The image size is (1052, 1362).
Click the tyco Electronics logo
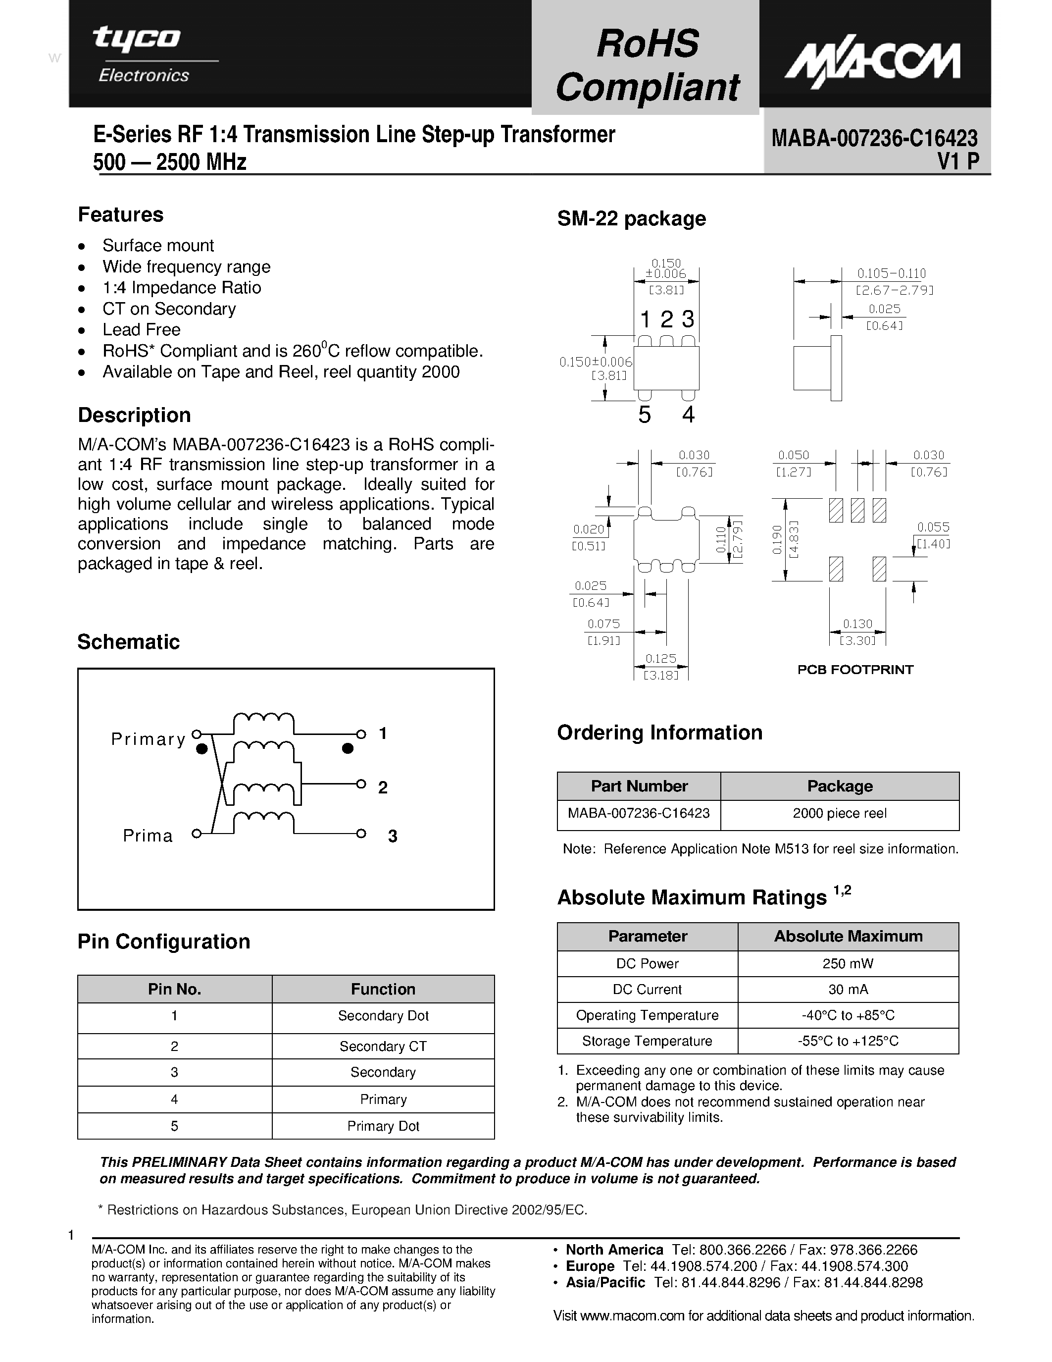pyautogui.click(x=144, y=55)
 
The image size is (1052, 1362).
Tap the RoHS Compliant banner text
pyautogui.click(x=647, y=65)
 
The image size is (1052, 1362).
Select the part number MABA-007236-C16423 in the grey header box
pyautogui.click(x=874, y=138)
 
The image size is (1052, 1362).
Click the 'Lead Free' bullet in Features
pyautogui.click(x=142, y=330)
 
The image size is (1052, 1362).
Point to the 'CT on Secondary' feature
pyautogui.click(x=169, y=309)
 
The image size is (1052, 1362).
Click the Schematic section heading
pyautogui.click(x=128, y=642)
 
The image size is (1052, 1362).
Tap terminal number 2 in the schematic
pyautogui.click(x=383, y=787)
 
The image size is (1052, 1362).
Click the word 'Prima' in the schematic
pyautogui.click(x=148, y=836)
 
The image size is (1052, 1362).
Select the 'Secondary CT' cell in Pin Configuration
pyautogui.click(x=383, y=1047)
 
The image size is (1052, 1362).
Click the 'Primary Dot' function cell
pyautogui.click(x=383, y=1126)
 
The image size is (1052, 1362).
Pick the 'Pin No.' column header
pyautogui.click(x=174, y=989)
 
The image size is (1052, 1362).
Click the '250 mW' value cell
pyautogui.click(x=848, y=963)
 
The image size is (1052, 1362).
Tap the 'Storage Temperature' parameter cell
pyautogui.click(x=647, y=1041)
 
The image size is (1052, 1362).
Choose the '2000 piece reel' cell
pyautogui.click(x=840, y=813)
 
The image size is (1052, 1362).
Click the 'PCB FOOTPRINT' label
pyautogui.click(x=855, y=670)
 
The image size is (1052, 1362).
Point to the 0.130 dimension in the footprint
pyautogui.click(x=857, y=624)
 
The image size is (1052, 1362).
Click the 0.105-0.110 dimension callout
pyautogui.click(x=891, y=273)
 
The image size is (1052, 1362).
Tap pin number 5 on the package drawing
pyautogui.click(x=645, y=415)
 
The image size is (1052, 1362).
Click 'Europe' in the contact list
pyautogui.click(x=590, y=1266)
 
